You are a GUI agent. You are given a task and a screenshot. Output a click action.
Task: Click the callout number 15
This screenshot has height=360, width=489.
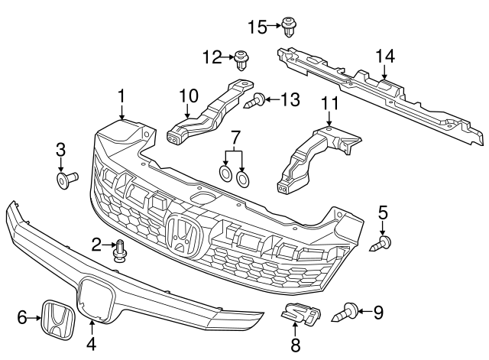click(257, 28)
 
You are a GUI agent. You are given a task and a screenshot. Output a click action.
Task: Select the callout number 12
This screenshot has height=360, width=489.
click(211, 56)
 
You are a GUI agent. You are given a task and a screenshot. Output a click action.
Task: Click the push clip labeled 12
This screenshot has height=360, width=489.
click(243, 58)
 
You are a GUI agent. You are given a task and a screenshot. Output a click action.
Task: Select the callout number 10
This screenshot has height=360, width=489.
click(188, 96)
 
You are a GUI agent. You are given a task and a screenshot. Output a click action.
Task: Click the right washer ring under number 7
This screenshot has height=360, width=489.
click(243, 180)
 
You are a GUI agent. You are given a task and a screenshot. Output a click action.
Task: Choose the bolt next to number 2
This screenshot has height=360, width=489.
click(120, 249)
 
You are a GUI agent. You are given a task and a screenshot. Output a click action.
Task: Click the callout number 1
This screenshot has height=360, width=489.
click(121, 96)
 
